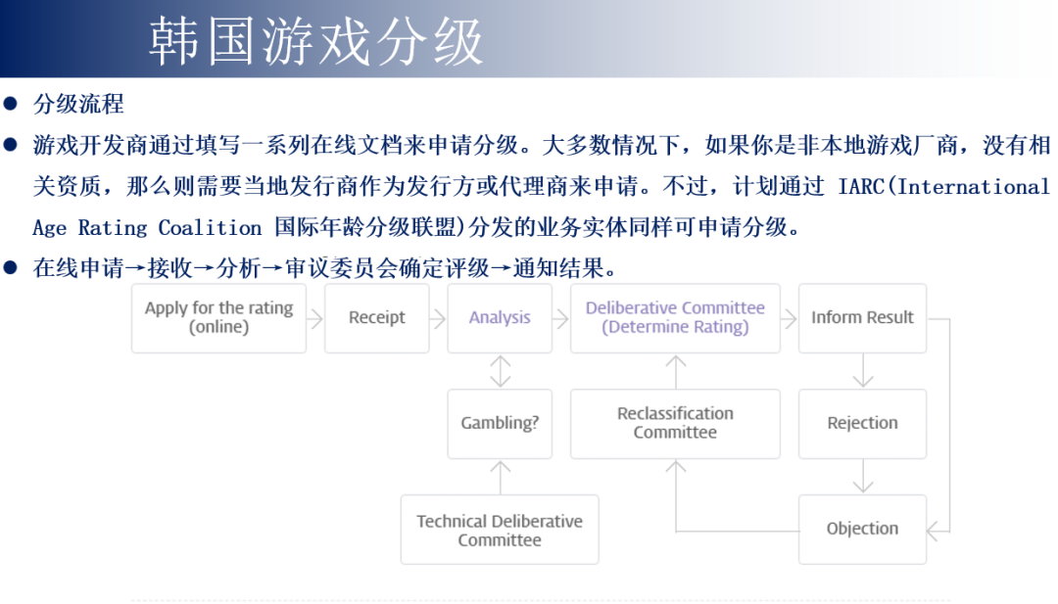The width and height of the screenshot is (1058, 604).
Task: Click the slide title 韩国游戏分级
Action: point(316,41)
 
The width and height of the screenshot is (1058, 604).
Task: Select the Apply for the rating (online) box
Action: point(218,317)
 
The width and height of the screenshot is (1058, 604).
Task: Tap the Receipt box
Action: point(376,317)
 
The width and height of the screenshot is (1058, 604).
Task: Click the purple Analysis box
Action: point(500,317)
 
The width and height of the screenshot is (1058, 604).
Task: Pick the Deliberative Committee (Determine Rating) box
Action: point(675,317)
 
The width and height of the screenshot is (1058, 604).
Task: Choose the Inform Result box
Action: point(862,317)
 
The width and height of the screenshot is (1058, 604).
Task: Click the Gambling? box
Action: point(500,423)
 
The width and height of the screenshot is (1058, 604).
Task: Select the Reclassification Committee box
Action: point(675,423)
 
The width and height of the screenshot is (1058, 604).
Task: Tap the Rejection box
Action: point(862,423)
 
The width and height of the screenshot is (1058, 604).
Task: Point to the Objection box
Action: point(862,529)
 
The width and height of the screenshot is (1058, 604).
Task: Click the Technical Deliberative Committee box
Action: point(500,530)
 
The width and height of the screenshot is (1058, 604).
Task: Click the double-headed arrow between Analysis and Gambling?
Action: point(500,371)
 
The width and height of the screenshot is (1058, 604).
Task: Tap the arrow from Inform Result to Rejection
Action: point(862,371)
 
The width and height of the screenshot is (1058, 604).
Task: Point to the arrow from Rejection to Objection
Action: point(862,477)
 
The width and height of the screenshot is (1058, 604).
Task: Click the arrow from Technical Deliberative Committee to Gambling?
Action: point(500,477)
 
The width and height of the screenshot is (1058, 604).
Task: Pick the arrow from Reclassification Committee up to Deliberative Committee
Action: point(675,371)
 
